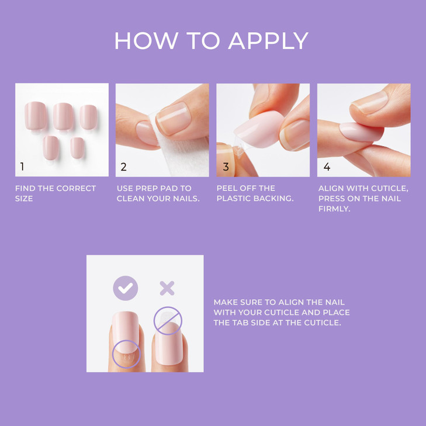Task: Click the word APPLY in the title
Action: [x=268, y=41]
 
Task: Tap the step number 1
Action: [x=22, y=167]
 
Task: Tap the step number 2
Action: [x=123, y=167]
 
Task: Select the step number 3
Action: [x=226, y=167]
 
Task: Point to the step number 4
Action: [x=327, y=167]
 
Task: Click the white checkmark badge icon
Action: [x=125, y=288]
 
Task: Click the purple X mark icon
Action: [x=167, y=288]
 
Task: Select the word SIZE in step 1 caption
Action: [x=24, y=199]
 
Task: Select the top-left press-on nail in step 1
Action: [x=36, y=115]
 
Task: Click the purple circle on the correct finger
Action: [x=126, y=353]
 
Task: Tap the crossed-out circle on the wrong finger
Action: [x=168, y=321]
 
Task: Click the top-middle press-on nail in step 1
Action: [x=63, y=115]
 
